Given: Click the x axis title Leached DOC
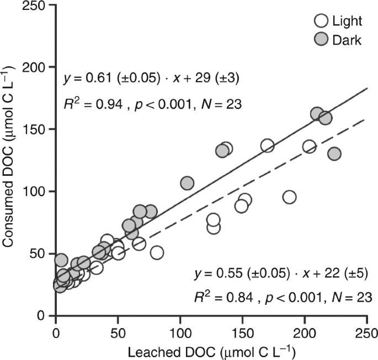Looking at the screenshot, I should (x=210, y=351).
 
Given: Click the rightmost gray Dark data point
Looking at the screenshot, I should (x=334, y=154).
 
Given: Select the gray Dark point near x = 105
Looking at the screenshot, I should (x=187, y=183).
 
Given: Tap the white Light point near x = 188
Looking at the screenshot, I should (x=289, y=197).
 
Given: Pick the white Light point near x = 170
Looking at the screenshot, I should (x=267, y=146).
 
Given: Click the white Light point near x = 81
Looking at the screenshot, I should (x=157, y=252).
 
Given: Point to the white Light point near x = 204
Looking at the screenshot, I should (x=309, y=147).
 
